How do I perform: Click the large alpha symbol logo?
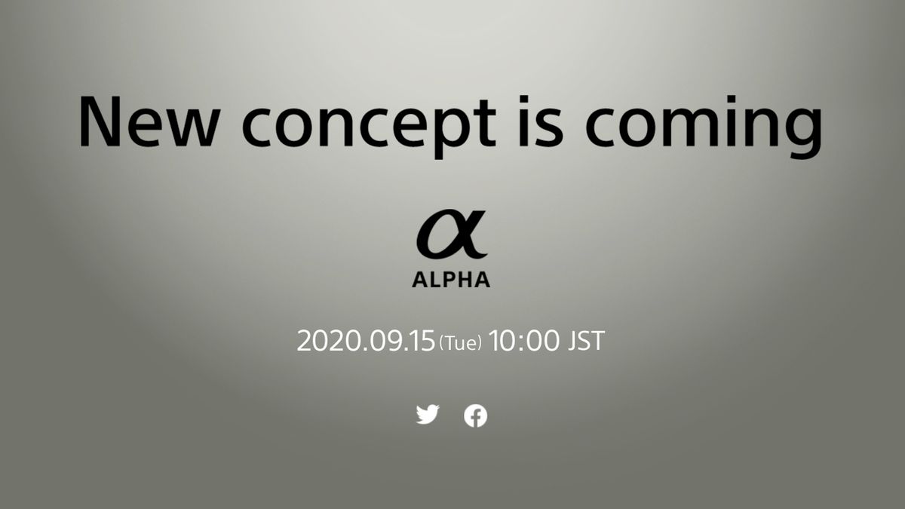[451, 235]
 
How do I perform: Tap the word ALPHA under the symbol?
[451, 280]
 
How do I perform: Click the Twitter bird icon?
[428, 414]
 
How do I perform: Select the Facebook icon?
[475, 415]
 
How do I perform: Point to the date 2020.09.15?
[367, 341]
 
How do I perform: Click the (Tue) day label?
[460, 343]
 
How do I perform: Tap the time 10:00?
[524, 341]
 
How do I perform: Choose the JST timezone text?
[585, 341]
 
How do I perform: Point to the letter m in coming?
[693, 124]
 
